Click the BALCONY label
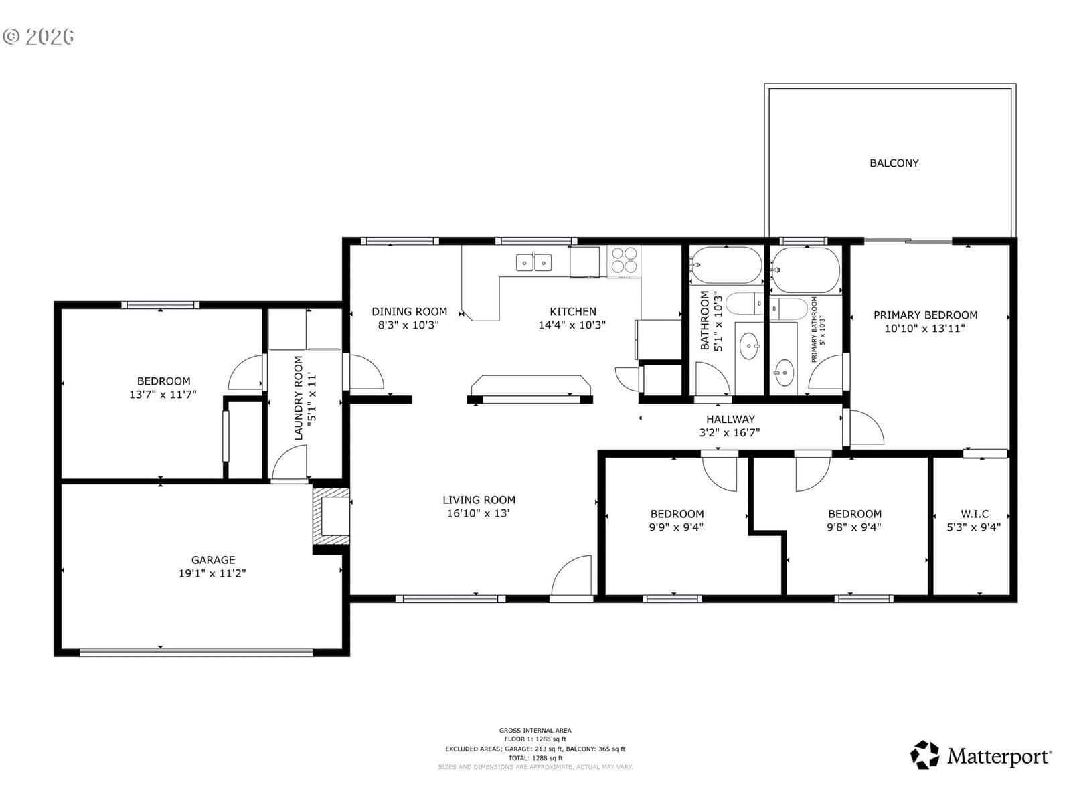click(x=894, y=163)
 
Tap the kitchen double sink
click(x=533, y=262)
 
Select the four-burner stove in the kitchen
click(x=624, y=260)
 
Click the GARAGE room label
click(x=213, y=559)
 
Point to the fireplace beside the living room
click(x=331, y=516)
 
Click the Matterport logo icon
click(x=924, y=755)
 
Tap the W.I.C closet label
click(x=975, y=513)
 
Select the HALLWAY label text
click(x=730, y=419)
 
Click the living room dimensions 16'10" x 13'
click(x=478, y=513)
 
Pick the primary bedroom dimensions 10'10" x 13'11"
click(x=924, y=328)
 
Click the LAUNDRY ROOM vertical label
click(x=299, y=398)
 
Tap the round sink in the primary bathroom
click(x=784, y=373)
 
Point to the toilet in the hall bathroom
click(x=744, y=304)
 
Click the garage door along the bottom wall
click(x=196, y=652)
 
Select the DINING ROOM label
click(x=409, y=312)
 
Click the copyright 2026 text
click(x=38, y=37)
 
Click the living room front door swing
click(x=572, y=575)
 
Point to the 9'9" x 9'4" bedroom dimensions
click(x=676, y=527)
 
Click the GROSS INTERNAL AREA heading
click(x=535, y=730)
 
